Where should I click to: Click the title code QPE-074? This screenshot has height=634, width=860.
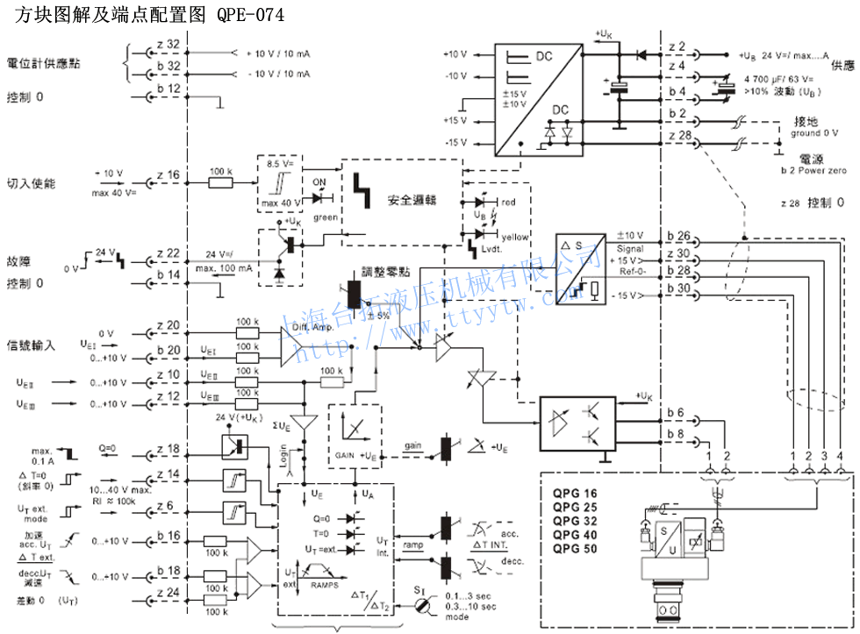[250, 16]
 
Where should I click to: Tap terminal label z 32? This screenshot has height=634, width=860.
[168, 44]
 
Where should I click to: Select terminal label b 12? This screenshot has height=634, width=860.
[168, 89]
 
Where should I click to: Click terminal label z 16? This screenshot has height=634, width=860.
[168, 175]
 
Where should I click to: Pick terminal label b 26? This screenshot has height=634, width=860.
[678, 236]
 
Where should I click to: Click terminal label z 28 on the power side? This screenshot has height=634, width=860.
[678, 135]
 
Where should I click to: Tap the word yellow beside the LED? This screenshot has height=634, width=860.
[515, 237]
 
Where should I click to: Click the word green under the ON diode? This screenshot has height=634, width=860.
[325, 217]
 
